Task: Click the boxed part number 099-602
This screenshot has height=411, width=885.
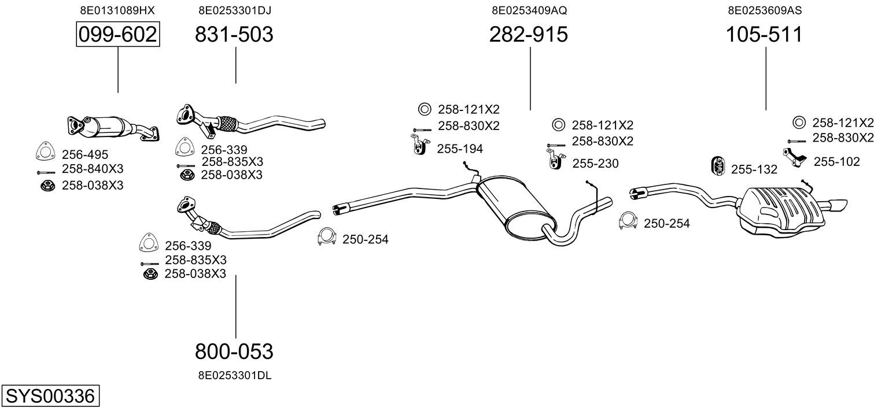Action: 118,35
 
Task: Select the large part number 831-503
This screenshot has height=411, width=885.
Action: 234,35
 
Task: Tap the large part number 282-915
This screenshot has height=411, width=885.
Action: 529,35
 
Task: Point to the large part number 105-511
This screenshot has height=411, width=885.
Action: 765,35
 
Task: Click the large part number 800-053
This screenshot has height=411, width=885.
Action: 234,351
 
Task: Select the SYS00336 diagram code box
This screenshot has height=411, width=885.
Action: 50,397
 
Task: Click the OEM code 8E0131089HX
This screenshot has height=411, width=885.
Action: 117,10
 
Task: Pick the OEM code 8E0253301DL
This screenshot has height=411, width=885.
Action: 234,375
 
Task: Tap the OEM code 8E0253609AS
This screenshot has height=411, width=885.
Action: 764,10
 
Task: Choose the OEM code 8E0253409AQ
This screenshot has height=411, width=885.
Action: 529,10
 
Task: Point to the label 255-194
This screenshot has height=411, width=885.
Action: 459,149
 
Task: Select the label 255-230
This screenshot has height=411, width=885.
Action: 595,164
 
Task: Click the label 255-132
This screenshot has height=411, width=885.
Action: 754,169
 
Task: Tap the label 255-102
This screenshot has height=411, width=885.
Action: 836,162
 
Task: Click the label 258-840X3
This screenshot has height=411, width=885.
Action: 93,169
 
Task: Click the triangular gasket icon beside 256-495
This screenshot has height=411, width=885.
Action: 44,151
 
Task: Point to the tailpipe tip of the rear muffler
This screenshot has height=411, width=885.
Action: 838,205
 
